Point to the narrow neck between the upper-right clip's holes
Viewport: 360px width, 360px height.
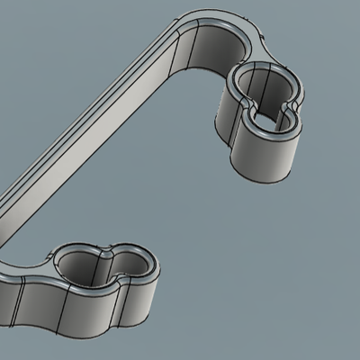pos(268,106)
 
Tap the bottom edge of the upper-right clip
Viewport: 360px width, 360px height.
pos(261,178)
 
